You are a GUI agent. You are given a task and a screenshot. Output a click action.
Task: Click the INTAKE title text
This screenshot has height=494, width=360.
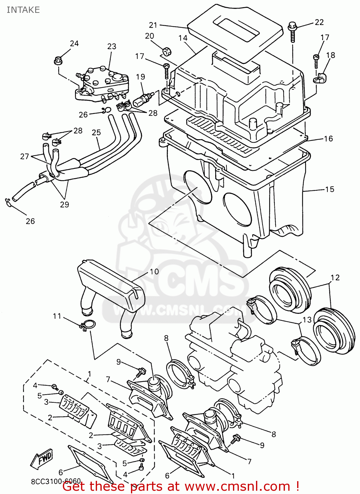pos(23,10)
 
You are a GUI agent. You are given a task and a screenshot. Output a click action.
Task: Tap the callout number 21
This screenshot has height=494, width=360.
pos(153,25)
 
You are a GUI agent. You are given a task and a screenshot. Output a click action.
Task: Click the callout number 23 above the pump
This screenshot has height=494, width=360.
pos(112,46)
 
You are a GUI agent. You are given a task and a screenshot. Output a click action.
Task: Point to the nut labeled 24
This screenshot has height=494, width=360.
pos(58,61)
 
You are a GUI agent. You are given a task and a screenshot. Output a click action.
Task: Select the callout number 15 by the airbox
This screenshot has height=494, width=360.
pos(329,189)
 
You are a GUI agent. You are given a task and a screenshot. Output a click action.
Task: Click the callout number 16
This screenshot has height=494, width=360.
pos(328,139)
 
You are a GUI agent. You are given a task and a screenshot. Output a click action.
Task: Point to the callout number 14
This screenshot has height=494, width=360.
pos(183,38)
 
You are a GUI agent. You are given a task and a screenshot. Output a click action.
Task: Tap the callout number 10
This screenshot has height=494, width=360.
pos(154,272)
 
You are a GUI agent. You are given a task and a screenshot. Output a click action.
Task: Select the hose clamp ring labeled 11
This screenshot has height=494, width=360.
pos(87,325)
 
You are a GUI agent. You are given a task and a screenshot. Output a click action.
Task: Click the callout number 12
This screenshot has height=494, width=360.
pos(335,278)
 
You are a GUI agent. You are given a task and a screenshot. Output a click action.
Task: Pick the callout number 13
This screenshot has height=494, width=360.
pos(307,320)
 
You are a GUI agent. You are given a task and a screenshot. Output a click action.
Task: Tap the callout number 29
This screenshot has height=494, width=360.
pos(64,205)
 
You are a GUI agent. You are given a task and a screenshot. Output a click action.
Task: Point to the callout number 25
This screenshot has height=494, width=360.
pos(96,132)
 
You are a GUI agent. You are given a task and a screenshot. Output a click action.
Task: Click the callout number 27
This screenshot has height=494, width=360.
pos(25,156)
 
